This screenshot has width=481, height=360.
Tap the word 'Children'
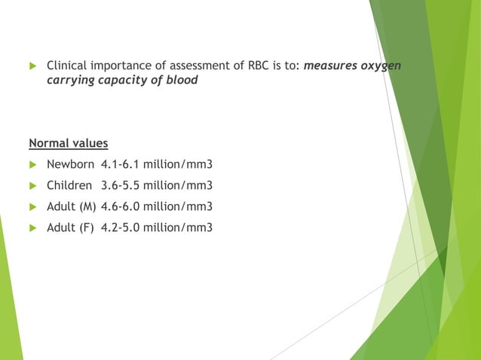point(69,185)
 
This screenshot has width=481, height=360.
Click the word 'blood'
point(181,80)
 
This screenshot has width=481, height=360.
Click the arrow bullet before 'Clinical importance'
point(32,66)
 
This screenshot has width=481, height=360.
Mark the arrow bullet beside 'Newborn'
point(32,164)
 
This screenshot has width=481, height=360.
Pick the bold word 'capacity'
point(124,80)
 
